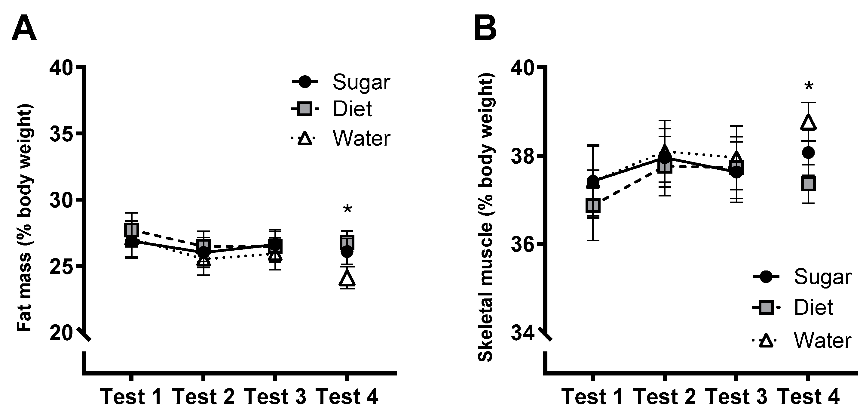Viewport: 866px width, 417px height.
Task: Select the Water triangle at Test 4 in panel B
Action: pos(808,122)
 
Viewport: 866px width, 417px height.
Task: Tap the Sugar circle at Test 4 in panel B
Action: pos(808,153)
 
